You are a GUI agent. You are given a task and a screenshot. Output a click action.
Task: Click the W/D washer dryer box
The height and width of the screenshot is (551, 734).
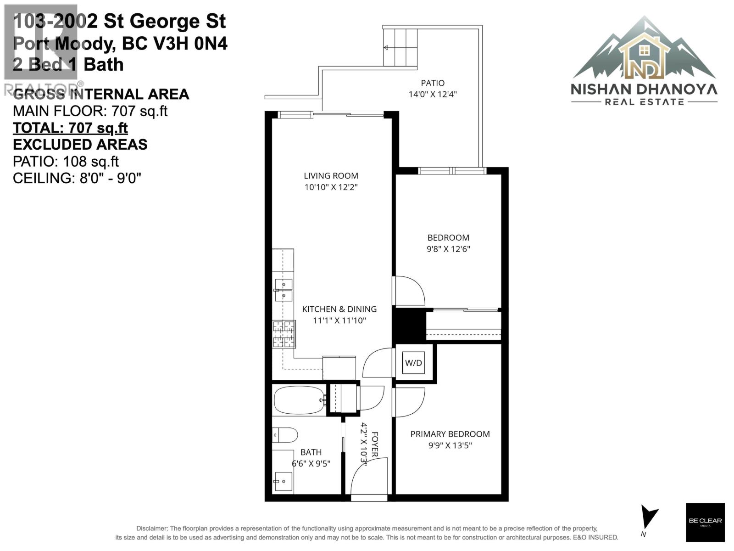pyautogui.click(x=413, y=363)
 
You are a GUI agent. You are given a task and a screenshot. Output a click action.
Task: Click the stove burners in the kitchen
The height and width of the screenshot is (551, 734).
pyautogui.click(x=284, y=334)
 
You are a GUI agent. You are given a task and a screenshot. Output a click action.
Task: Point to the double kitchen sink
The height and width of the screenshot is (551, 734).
pyautogui.click(x=284, y=290)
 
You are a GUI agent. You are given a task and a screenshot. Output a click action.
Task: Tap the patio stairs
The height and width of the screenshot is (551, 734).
pyautogui.click(x=400, y=47)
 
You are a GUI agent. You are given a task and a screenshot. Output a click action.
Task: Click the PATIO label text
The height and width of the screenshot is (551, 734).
pyautogui.click(x=433, y=83)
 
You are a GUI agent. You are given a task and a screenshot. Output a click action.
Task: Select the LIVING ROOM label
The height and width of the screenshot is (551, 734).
pyautogui.click(x=331, y=175)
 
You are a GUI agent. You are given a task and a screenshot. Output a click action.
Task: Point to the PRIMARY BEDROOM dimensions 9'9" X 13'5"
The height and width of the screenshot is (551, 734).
pyautogui.click(x=450, y=445)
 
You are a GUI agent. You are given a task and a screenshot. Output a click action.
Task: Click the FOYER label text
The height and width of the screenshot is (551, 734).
pyautogui.click(x=374, y=444)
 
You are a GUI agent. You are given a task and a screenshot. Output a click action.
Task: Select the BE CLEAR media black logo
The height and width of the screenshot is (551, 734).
pyautogui.click(x=705, y=522)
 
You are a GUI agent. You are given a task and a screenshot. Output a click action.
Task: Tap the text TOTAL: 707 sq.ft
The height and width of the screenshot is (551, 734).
pyautogui.click(x=70, y=128)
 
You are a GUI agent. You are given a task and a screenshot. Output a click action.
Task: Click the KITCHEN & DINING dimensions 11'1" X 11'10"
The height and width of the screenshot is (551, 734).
pyautogui.click(x=339, y=320)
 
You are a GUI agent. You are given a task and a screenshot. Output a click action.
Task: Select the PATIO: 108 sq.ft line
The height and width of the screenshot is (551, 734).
pyautogui.click(x=66, y=162)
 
